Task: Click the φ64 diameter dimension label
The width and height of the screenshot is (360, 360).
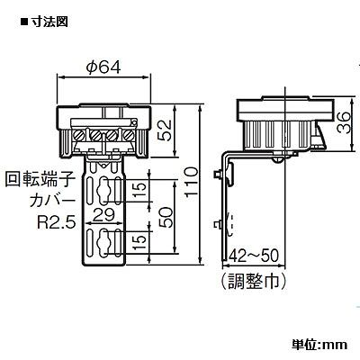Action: pos(103,67)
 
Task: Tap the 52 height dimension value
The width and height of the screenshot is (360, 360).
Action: pos(165,130)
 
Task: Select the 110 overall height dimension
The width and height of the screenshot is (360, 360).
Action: pos(192,182)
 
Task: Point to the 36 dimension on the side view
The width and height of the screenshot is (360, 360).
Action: pos(343,123)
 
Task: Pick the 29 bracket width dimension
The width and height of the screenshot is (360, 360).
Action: pos(103,215)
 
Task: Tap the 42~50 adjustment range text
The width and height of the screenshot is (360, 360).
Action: pos(254,256)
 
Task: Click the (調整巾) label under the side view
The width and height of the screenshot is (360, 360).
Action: pos(254,281)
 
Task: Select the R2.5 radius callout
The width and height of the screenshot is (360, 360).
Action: pos(56,222)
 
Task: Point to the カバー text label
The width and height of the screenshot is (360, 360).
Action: pos(51,202)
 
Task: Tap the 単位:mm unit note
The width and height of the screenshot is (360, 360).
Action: pos(319,345)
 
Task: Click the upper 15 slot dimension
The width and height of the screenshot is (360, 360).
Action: pos(140,189)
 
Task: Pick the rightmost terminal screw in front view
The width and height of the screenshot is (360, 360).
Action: pos(129,136)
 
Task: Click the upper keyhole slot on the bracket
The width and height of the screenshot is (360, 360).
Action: pos(103,190)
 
